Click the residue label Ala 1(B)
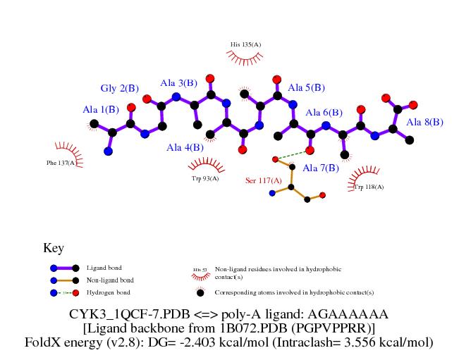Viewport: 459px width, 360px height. (100, 109)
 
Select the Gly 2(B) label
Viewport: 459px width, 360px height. (119, 88)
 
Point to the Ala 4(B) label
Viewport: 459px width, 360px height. (185, 147)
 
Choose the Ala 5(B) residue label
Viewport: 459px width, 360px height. (306, 87)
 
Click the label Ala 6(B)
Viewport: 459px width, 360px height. (324, 112)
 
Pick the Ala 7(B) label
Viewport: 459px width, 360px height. (321, 168)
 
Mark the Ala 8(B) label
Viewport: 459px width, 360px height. (424, 122)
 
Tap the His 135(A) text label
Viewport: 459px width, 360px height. (245, 45)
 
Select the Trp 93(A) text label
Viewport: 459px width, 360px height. (205, 178)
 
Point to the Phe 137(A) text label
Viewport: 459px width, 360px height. (61, 163)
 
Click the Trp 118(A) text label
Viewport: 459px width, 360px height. (369, 187)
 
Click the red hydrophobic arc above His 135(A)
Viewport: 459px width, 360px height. (245, 59)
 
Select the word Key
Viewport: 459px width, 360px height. (54, 248)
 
